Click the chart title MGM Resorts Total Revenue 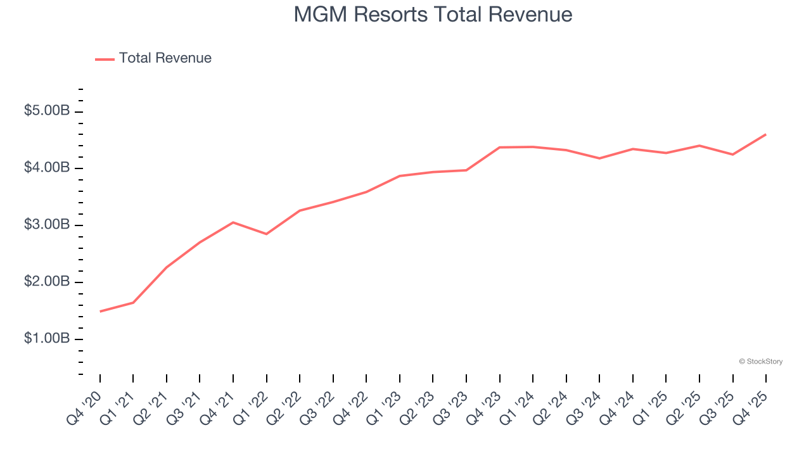tap(433, 15)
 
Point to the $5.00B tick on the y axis tap(47, 111)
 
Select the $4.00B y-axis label tap(47, 168)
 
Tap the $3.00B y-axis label tap(47, 225)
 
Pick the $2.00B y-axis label tap(47, 282)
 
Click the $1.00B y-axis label tap(47, 339)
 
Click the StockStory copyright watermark tap(760, 362)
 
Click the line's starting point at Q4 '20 tap(100, 312)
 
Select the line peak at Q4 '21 tap(233, 222)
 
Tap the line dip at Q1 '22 tap(267, 234)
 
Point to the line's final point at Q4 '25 tap(766, 134)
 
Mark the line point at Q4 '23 tap(500, 148)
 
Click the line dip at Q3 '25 tap(733, 155)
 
